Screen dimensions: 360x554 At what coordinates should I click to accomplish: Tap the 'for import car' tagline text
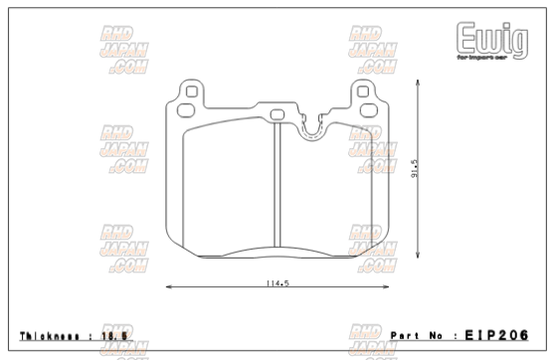(482, 59)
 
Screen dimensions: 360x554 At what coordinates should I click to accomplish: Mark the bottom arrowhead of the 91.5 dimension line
(410, 257)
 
